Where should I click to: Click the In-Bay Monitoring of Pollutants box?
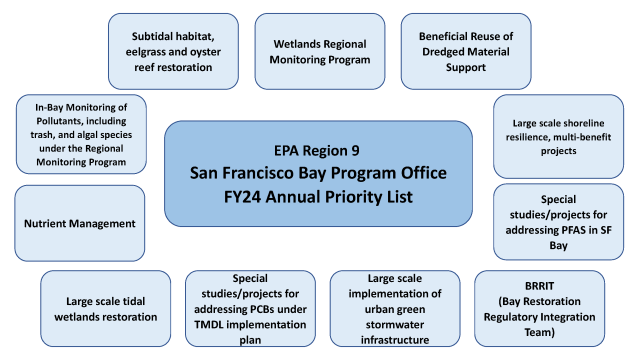pyautogui.click(x=81, y=133)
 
